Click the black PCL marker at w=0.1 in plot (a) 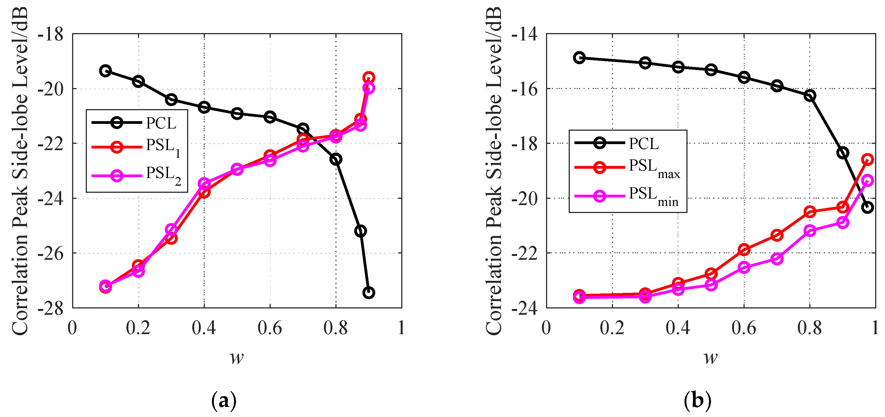pyautogui.click(x=105, y=71)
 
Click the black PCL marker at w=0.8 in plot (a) pyautogui.click(x=336, y=159)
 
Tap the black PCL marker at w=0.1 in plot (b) pyautogui.click(x=579, y=57)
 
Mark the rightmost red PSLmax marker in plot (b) pyautogui.click(x=868, y=159)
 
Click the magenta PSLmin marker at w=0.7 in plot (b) pyautogui.click(x=777, y=259)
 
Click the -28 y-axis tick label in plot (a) pyautogui.click(x=51, y=308)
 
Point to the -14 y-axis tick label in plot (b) pyautogui.click(x=525, y=35)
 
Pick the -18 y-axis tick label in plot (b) pyautogui.click(x=525, y=144)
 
